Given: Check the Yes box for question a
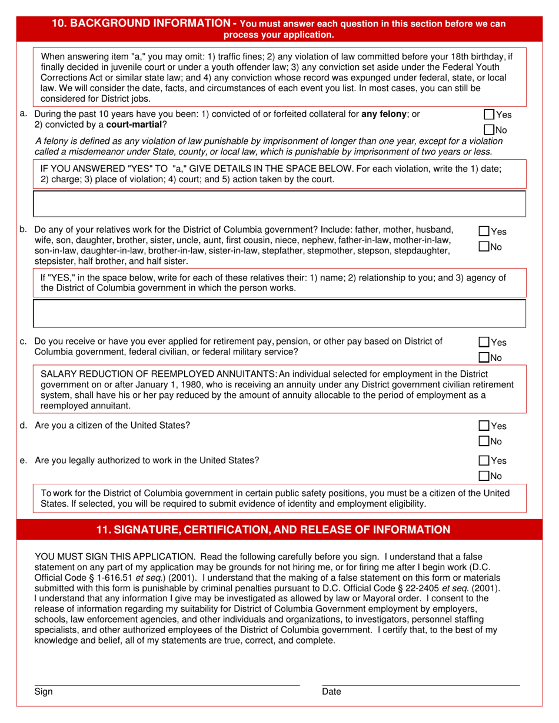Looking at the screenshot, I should pyautogui.click(x=488, y=115).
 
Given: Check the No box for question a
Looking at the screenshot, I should pyautogui.click(x=488, y=129).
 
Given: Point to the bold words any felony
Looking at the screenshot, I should pyautogui.click(x=383, y=114).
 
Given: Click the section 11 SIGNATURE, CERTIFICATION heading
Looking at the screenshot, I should pyautogui.click(x=273, y=530).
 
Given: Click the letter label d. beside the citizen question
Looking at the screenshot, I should pyautogui.click(x=24, y=425).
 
